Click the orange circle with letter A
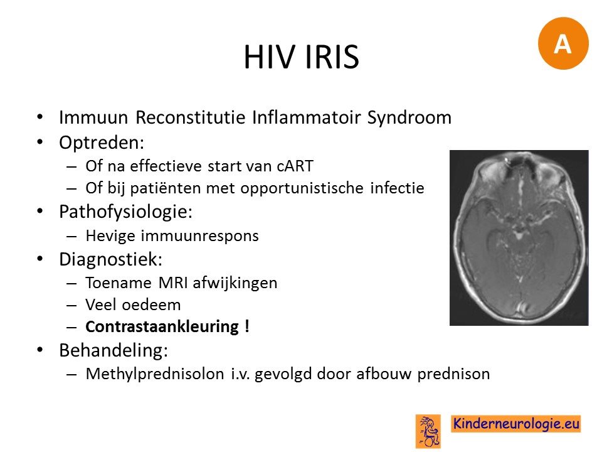(x=563, y=43)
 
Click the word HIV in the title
(x=270, y=57)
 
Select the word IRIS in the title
(x=332, y=57)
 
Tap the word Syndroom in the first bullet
(x=409, y=118)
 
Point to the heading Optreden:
(x=102, y=143)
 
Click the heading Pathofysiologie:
(x=126, y=212)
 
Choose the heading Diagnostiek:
(x=111, y=259)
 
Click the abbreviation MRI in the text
(x=172, y=283)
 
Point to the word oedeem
(x=151, y=305)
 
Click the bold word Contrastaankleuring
(x=162, y=327)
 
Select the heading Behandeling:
(x=114, y=350)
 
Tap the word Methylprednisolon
(x=155, y=374)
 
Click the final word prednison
(x=453, y=374)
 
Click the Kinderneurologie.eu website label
(x=516, y=424)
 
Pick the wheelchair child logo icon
(x=428, y=431)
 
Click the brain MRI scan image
(x=519, y=238)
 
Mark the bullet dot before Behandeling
(x=40, y=350)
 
